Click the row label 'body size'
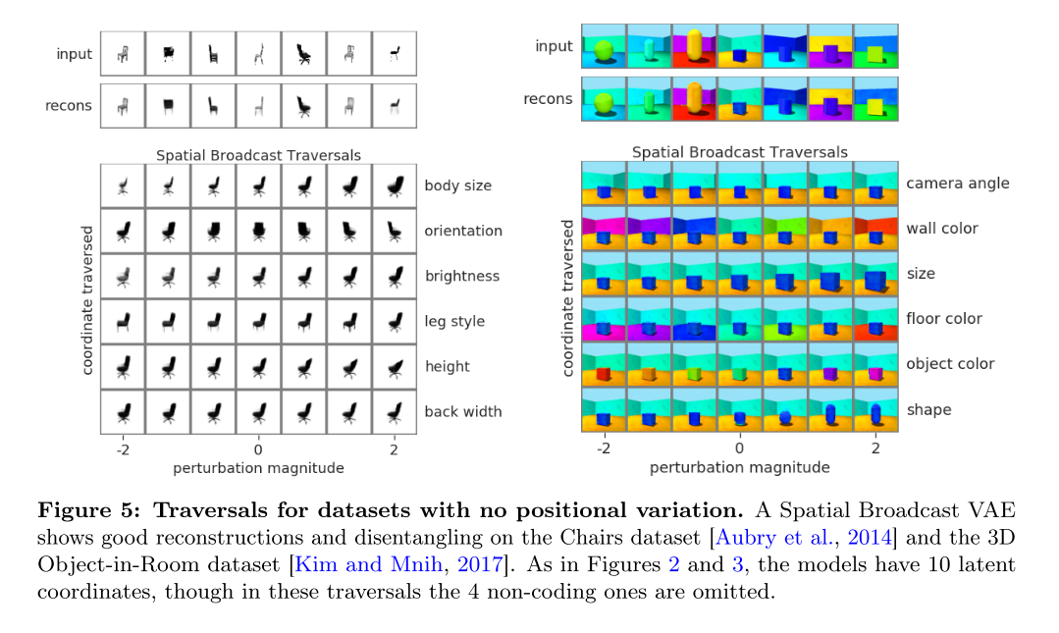point(457,185)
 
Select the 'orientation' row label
point(463,231)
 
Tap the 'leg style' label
point(454,321)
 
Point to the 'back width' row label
point(463,411)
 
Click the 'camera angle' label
point(957,184)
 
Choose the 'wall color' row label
point(942,229)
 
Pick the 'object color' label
point(950,364)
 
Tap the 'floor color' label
point(943,319)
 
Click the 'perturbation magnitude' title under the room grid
point(739,466)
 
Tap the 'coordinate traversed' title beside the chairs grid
point(88,298)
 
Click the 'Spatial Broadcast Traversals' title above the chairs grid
point(258,155)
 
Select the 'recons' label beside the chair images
point(69,106)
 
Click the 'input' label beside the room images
point(554,46)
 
